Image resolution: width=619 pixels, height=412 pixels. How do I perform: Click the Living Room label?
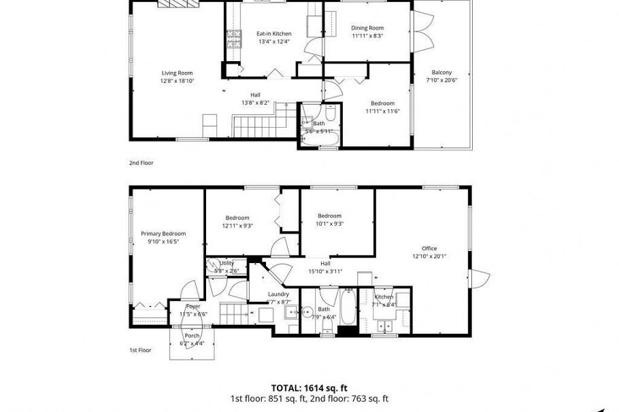point(177,73)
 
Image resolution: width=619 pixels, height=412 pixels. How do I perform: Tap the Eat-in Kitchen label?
point(273,33)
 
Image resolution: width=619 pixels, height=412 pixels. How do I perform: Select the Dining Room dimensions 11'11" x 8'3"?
point(367,36)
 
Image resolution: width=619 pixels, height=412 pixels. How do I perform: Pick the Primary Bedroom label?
point(163,233)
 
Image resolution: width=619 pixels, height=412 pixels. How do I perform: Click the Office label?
point(429,248)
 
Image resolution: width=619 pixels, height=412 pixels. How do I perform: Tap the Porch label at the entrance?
point(192,335)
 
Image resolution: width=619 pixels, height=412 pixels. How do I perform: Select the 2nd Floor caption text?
point(141,163)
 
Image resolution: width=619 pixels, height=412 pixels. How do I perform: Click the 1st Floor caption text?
point(140,350)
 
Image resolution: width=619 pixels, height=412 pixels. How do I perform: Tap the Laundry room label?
point(279,294)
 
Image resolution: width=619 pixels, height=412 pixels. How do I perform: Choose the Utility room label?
point(227,262)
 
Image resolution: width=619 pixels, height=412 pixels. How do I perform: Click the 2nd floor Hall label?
point(255,95)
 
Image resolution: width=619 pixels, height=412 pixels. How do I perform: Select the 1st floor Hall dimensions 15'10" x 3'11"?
point(325,271)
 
